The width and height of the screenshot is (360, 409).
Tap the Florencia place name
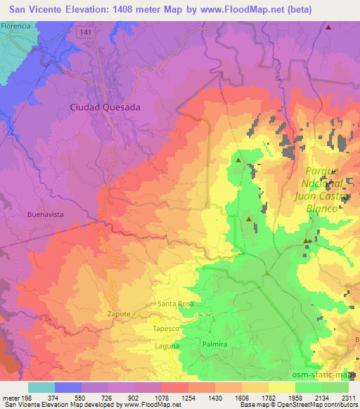pyautogui.click(x=16, y=25)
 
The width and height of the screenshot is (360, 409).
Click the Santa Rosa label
pyautogui.click(x=175, y=304)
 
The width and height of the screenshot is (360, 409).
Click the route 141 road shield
pyautogui.click(x=86, y=33)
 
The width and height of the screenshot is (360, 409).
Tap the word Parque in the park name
pyautogui.click(x=322, y=171)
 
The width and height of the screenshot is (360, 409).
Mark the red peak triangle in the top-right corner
pyautogui.click(x=328, y=27)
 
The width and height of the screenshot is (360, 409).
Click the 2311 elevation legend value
pyautogui.click(x=349, y=398)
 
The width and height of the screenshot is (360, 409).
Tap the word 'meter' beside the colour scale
pyautogui.click(x=9, y=398)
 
